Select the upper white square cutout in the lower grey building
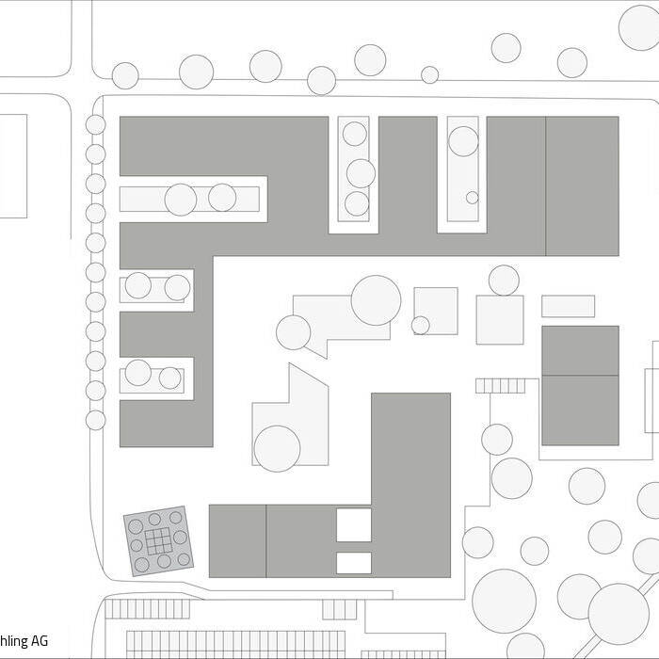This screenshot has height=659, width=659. click(x=354, y=524)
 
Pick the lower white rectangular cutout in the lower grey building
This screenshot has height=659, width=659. click(x=354, y=563)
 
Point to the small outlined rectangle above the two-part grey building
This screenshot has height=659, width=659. click(x=568, y=306)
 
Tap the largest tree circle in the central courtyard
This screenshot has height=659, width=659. click(x=376, y=300)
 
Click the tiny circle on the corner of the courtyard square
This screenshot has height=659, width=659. click(x=421, y=325)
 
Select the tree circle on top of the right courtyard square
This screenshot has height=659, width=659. click(x=504, y=280)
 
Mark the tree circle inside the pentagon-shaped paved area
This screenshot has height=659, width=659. click(x=278, y=448)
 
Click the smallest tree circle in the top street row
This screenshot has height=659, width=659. click(x=429, y=74)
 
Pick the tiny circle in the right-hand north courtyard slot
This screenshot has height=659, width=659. click(x=472, y=198)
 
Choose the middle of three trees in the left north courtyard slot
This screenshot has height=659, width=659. click(x=361, y=173)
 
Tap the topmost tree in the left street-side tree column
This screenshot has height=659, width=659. click(x=96, y=124)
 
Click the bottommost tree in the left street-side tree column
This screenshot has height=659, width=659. click(x=96, y=420)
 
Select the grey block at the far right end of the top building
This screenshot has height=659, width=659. click(x=582, y=185)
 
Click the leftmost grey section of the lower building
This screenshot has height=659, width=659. click(x=237, y=540)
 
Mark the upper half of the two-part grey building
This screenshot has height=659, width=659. click(x=580, y=350)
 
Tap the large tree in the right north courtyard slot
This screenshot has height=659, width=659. click(x=463, y=141)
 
